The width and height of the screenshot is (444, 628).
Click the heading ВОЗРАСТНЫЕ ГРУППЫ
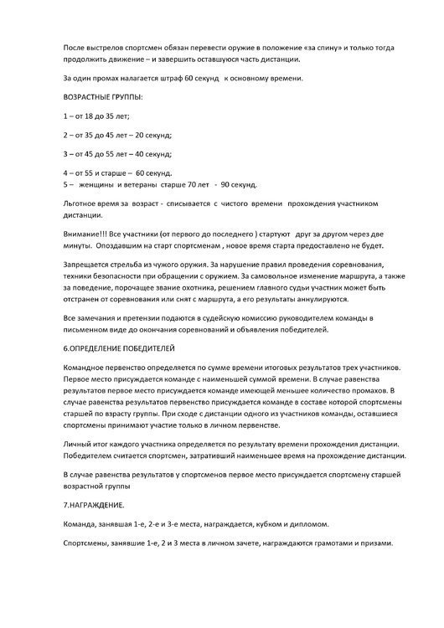pyautogui.click(x=102, y=99)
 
